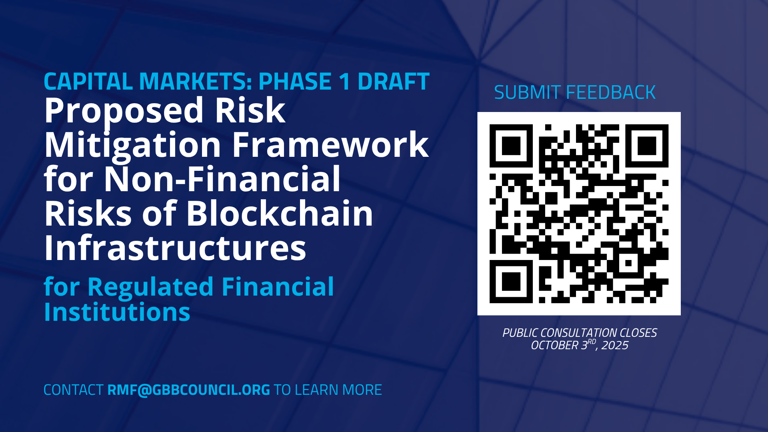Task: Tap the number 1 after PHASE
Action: [x=344, y=82]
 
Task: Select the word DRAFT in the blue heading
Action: [x=394, y=82]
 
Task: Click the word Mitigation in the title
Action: [x=132, y=145]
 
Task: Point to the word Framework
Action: [x=330, y=144]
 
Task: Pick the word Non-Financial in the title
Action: [x=222, y=179]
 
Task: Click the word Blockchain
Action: [x=280, y=213]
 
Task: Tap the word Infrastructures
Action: [x=175, y=248]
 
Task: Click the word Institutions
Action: [x=117, y=312]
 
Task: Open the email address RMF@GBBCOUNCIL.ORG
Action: [x=188, y=390]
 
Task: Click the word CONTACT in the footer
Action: [x=74, y=390]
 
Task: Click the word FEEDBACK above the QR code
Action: [x=611, y=93]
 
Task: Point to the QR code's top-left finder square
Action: [x=511, y=146]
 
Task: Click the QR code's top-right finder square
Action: [x=647, y=146]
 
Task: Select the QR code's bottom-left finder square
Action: [x=511, y=281]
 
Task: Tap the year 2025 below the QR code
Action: [x=615, y=345]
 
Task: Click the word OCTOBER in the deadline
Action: [x=554, y=345]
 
